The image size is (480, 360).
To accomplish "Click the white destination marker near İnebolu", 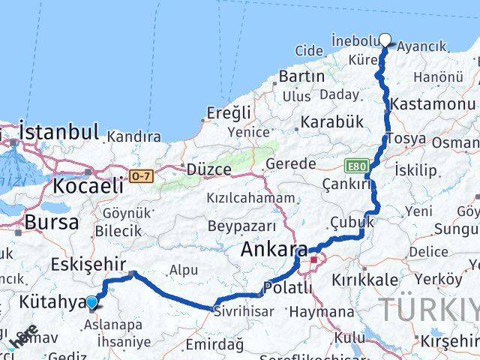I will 385,40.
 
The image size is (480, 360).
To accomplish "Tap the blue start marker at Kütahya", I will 91,303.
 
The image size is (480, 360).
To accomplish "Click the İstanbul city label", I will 58,132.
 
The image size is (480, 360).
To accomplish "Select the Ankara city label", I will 274,252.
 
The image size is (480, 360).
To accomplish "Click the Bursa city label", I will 52,222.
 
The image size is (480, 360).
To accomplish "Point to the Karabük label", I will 332,121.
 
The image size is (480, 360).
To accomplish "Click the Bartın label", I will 301,76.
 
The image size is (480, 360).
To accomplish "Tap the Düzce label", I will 209,169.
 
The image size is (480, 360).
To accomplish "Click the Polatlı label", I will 288,287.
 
